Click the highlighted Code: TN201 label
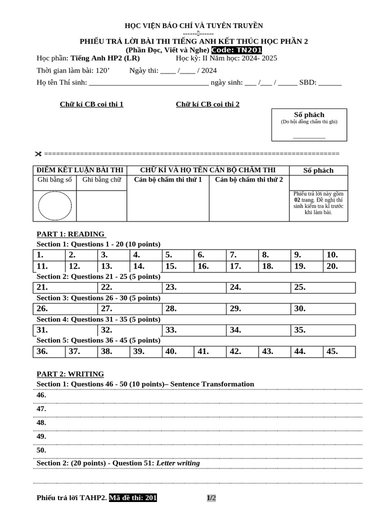[x=236, y=50]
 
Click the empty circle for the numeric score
[x=54, y=205]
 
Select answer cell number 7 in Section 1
[x=242, y=255]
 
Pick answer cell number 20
[x=339, y=266]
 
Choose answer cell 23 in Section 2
[x=194, y=287]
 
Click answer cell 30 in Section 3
[x=323, y=309]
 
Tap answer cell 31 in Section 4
[x=65, y=330]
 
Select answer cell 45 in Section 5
[x=339, y=351]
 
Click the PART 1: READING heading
[x=70, y=234]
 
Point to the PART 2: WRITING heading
[x=70, y=374]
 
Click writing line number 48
[x=200, y=423]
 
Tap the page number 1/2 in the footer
[x=211, y=498]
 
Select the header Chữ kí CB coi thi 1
[x=91, y=104]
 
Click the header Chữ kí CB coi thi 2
[x=207, y=104]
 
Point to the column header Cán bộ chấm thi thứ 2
[x=248, y=179]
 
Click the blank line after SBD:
[x=330, y=83]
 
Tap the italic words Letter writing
[x=178, y=463]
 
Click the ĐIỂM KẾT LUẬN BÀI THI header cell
[x=80, y=170]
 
